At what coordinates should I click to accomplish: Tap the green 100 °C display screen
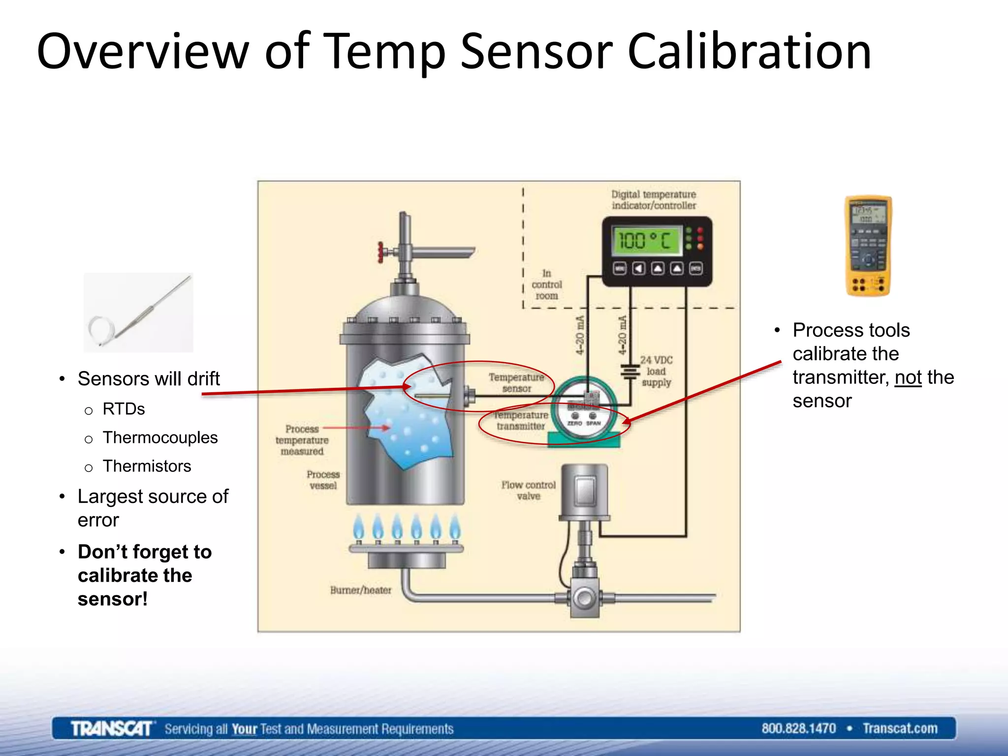(647, 241)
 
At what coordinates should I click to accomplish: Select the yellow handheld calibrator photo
(868, 246)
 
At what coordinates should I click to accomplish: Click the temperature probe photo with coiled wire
(138, 313)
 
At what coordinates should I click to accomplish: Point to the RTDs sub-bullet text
(124, 409)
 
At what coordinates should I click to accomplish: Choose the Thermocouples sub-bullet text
(160, 438)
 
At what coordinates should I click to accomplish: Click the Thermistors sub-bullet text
(147, 466)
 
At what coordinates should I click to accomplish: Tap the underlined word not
(908, 378)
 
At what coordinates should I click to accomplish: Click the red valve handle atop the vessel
(380, 252)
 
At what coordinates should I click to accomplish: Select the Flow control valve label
(528, 490)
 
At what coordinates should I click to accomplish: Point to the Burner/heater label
(361, 590)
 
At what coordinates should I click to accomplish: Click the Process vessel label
(323, 480)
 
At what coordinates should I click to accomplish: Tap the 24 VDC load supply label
(656, 371)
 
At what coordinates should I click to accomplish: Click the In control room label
(546, 284)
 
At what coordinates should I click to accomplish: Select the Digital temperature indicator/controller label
(654, 200)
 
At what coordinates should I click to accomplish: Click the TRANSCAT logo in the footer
(112, 728)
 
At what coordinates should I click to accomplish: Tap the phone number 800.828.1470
(798, 728)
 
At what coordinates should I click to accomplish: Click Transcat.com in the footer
(900, 728)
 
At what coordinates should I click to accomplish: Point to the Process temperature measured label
(302, 440)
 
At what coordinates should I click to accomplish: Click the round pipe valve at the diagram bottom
(585, 598)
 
